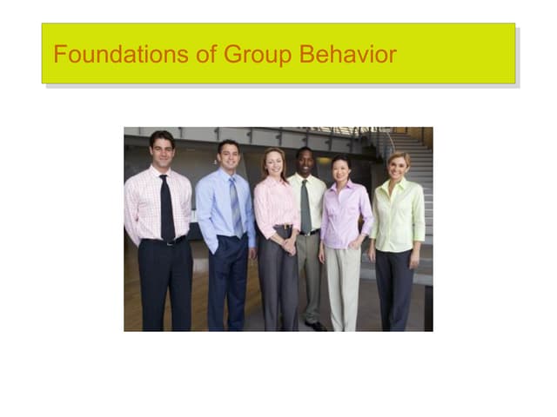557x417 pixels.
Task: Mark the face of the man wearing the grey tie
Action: tap(305, 162)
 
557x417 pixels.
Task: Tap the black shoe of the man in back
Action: tap(314, 326)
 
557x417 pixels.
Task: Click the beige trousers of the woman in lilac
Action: tap(342, 287)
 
